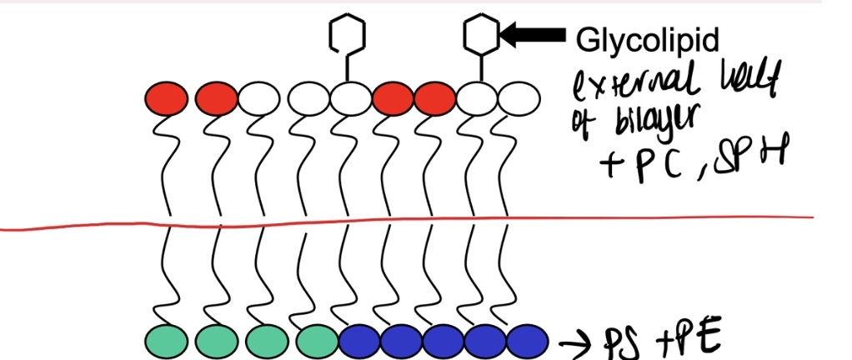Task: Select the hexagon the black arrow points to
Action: pos(480,34)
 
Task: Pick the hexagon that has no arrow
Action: pos(345,34)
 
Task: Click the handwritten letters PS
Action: pos(619,342)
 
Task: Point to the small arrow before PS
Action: pos(574,342)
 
